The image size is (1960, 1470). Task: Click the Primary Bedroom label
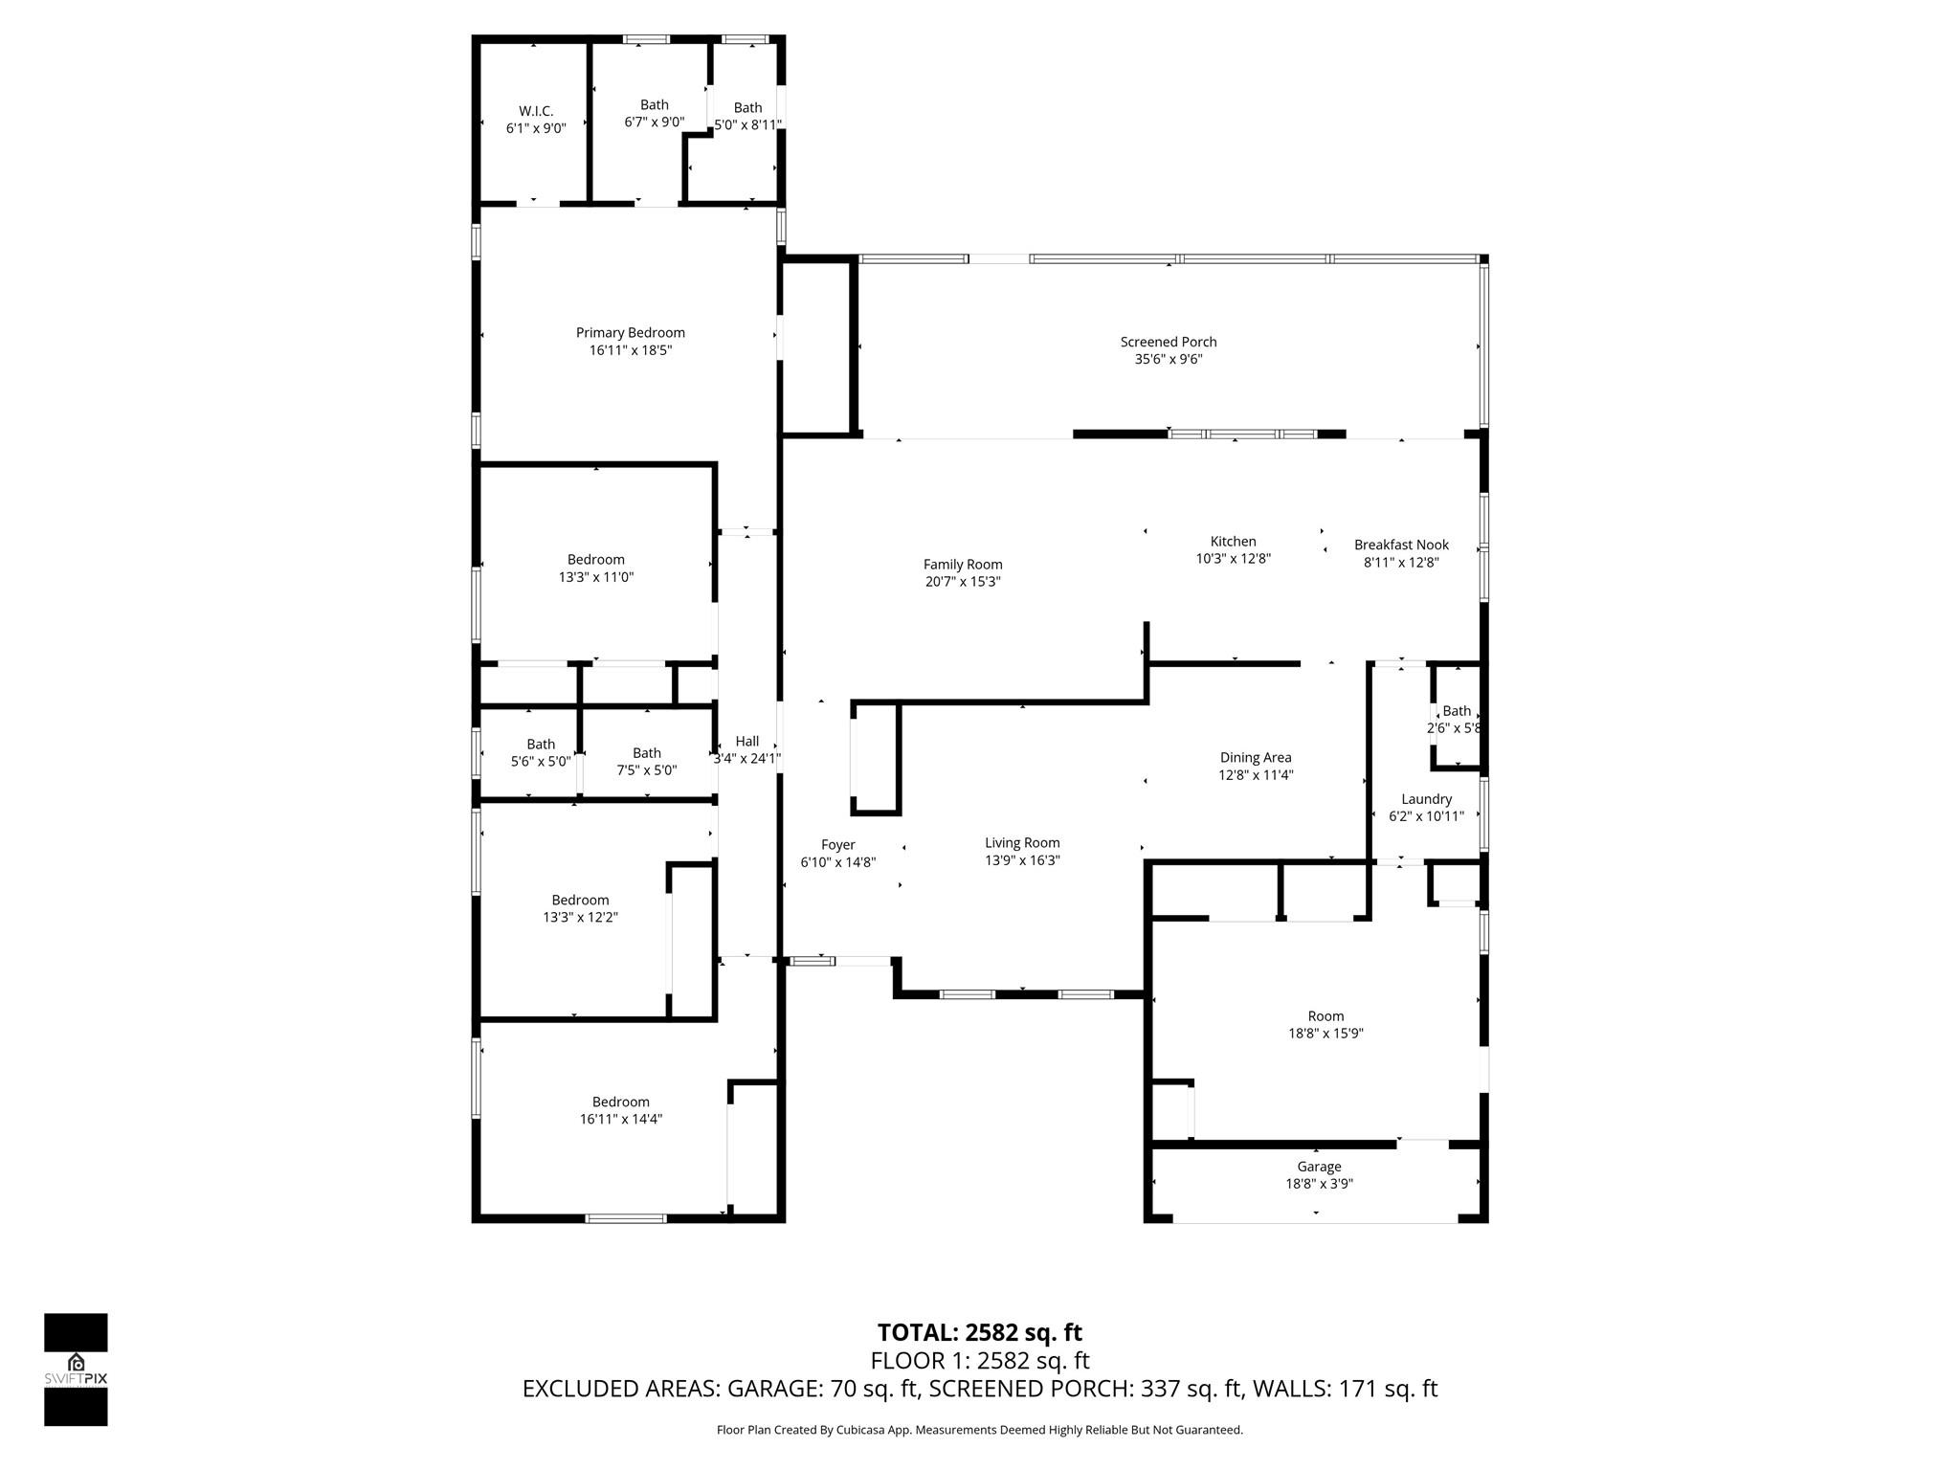[x=630, y=333]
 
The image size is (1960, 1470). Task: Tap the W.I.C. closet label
[x=536, y=111]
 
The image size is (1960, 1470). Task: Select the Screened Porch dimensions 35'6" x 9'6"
[x=1169, y=360]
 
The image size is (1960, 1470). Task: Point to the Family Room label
[x=963, y=565]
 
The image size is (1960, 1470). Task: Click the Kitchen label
[x=1233, y=542]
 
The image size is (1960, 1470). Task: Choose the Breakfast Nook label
[x=1401, y=545]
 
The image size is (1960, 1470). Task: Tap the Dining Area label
[x=1256, y=758]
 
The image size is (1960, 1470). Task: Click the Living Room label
[x=1022, y=843]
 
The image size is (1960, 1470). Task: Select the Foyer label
[x=837, y=845]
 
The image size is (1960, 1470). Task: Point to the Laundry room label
[x=1426, y=799]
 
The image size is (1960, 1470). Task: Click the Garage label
[x=1319, y=1167]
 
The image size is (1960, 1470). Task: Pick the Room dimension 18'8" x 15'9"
[x=1325, y=1034]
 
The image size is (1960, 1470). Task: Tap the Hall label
[x=747, y=741]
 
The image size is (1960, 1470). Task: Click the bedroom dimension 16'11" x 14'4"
[x=620, y=1119]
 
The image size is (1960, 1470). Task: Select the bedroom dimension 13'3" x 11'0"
[x=595, y=577]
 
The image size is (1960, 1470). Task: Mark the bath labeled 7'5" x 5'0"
[x=646, y=761]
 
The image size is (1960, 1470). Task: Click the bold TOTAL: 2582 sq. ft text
[x=979, y=1332]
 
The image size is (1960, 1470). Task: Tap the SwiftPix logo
[x=76, y=1369]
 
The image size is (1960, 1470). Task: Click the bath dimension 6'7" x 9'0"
[x=654, y=122]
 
